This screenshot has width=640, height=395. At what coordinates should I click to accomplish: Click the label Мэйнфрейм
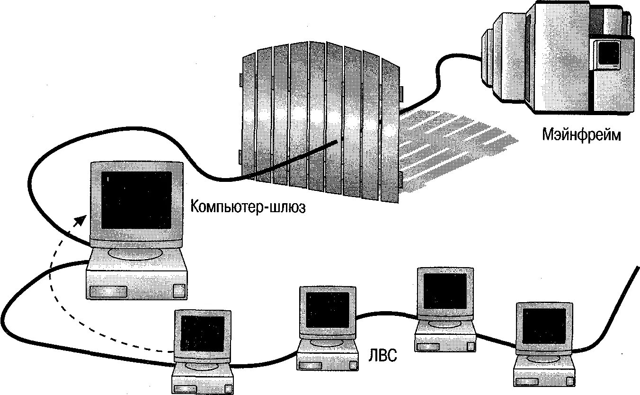[581, 135]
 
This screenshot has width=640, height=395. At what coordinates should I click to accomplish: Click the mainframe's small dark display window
[608, 52]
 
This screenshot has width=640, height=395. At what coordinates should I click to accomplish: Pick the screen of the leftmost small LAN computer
[202, 333]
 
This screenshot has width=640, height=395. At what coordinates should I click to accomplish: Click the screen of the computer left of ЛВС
[327, 309]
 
